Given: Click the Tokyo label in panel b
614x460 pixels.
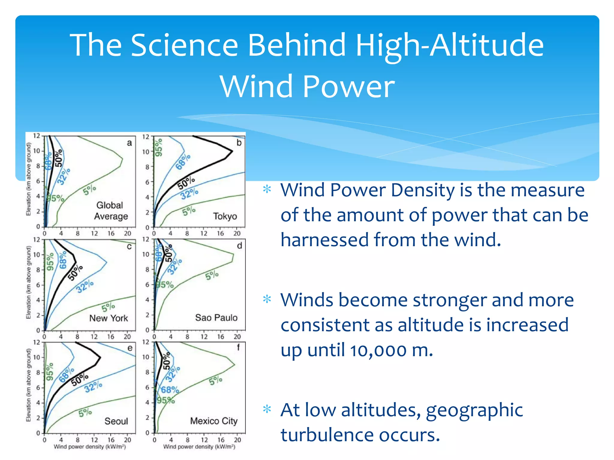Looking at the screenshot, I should click(x=225, y=216).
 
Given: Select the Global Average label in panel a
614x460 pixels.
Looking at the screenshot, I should click(x=111, y=211).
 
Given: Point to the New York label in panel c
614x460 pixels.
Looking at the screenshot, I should click(x=108, y=318).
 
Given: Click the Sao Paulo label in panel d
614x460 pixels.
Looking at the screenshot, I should click(x=216, y=317).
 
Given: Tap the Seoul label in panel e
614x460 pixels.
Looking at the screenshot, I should click(x=116, y=421).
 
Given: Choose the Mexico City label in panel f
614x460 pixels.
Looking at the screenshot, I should click(x=214, y=421).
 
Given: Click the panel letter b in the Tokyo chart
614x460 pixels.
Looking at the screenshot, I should click(x=239, y=143).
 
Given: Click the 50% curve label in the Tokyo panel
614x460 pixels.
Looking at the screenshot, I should click(x=186, y=183).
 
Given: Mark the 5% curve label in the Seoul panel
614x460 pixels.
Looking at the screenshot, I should click(x=85, y=413).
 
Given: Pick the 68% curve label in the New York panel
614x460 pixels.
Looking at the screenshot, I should click(x=63, y=260).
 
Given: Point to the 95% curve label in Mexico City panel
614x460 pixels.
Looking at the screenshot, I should click(x=165, y=400).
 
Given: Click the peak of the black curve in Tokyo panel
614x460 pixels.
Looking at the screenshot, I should click(x=232, y=151).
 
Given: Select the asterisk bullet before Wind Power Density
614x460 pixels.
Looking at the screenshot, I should click(x=267, y=189).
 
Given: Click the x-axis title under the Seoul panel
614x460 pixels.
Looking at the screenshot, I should click(x=90, y=447).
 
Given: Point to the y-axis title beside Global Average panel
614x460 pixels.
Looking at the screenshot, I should click(x=28, y=179).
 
